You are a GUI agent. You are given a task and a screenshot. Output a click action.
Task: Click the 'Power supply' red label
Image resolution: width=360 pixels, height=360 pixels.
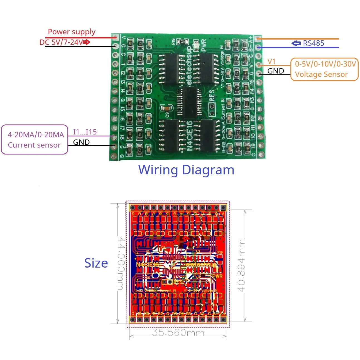click(72, 32)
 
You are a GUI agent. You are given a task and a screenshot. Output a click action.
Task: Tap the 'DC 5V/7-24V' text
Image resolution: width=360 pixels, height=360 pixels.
click(61, 42)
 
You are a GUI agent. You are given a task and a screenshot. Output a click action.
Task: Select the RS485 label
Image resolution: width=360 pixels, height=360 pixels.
click(314, 43)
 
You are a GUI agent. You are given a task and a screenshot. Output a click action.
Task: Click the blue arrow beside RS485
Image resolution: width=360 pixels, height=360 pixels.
click(296, 43)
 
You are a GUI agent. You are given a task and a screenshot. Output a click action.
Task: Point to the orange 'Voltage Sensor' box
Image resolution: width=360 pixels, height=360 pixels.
click(324, 69)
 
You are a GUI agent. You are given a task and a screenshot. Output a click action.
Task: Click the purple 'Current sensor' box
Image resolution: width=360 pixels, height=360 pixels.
click(35, 139)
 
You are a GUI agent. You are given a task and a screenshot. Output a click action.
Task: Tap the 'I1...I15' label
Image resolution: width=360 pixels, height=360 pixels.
click(85, 132)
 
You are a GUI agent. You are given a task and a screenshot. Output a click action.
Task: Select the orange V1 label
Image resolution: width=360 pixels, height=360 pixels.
click(271, 62)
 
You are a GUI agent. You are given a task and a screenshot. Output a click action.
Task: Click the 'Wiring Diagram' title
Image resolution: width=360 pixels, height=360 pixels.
click(186, 170)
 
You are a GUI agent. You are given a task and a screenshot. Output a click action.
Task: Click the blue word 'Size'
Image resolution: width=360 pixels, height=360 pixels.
click(96, 263)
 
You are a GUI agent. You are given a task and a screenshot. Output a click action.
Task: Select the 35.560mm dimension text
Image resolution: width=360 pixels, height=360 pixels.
click(178, 332)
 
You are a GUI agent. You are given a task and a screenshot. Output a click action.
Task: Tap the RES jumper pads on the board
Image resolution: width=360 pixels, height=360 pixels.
click(212, 109)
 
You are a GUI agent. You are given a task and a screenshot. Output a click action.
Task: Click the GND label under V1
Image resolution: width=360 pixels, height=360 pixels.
click(275, 71)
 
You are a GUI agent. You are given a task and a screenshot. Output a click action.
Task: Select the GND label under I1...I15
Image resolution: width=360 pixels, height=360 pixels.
click(81, 142)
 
